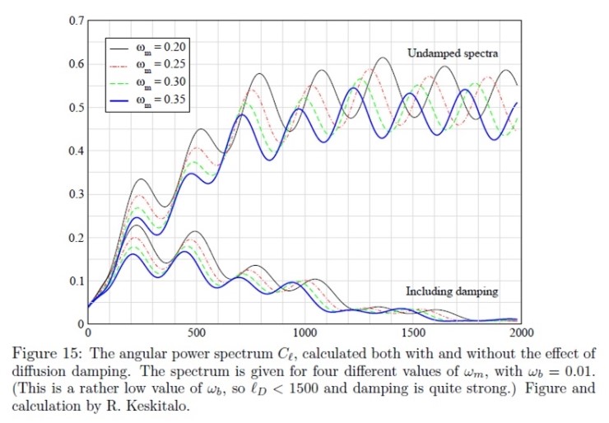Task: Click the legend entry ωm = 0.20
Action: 147,48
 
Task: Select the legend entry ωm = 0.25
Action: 147,65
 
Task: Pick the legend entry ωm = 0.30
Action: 147,83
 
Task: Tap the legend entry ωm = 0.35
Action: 147,100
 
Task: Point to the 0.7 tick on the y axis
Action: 77,21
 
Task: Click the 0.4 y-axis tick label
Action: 77,151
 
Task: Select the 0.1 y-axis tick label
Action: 77,281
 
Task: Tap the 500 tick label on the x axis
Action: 196,332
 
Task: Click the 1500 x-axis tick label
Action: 413,332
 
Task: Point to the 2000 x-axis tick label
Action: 521,332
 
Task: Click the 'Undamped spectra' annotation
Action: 453,53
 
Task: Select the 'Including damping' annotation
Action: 452,291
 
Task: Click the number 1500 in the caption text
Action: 304,388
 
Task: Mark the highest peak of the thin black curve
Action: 383,58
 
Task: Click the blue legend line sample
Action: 119,100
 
